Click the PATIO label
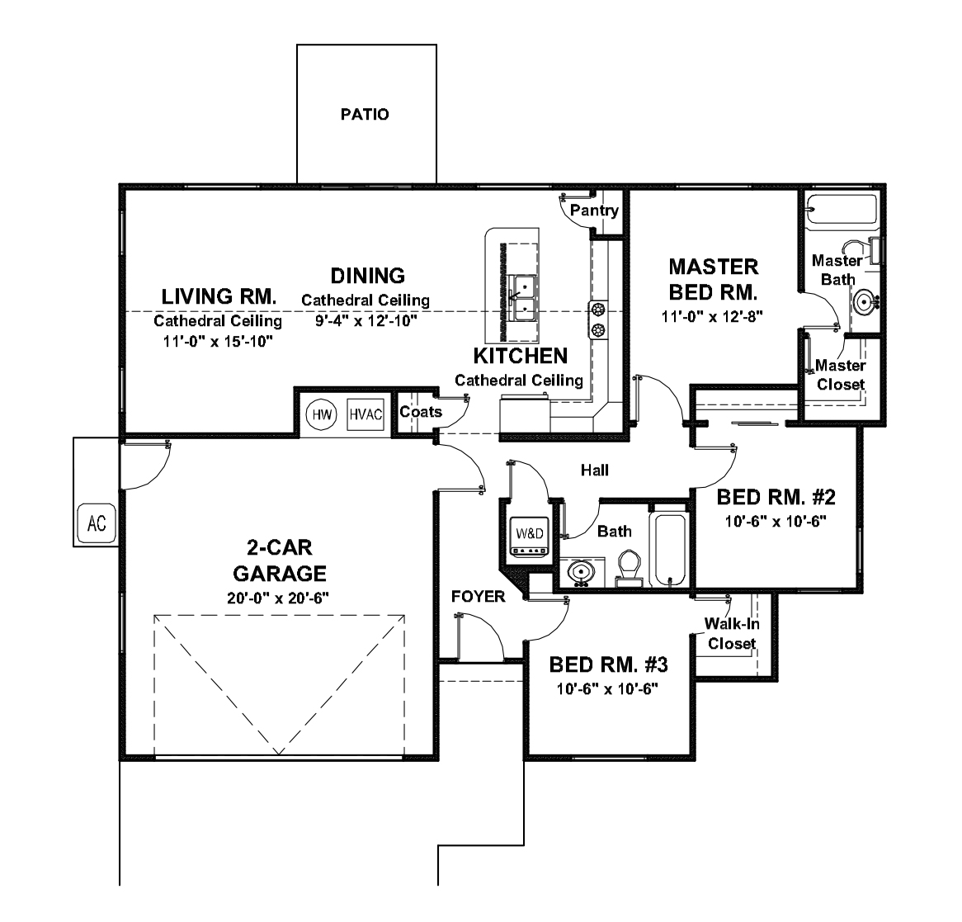click(365, 115)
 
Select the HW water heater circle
click(322, 415)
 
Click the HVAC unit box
click(365, 415)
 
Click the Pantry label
click(594, 210)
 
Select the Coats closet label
click(421, 412)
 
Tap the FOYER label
click(478, 596)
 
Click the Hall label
click(594, 470)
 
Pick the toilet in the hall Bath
click(630, 569)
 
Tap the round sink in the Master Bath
click(865, 302)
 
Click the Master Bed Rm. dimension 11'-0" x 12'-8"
click(713, 316)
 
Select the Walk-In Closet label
click(732, 634)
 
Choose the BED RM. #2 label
click(776, 498)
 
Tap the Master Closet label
click(840, 375)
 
